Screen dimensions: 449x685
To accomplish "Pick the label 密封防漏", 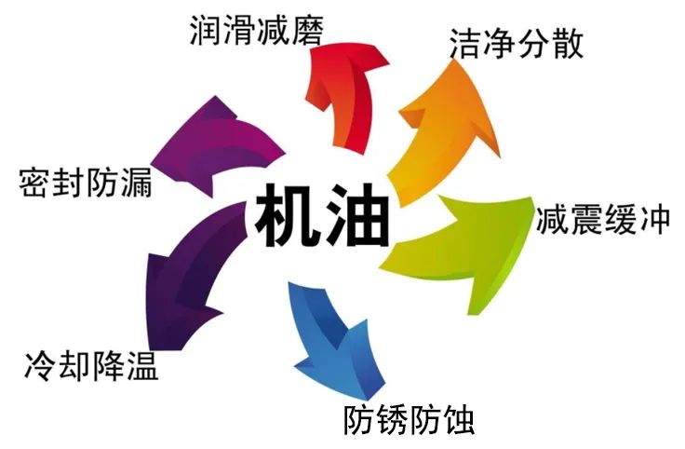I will click(85, 182).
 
